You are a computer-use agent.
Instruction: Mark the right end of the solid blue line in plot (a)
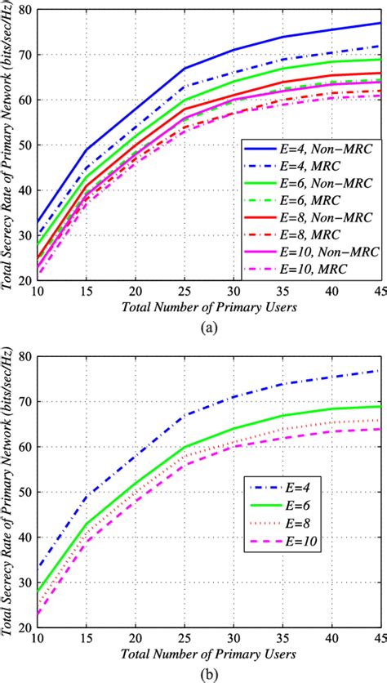point(379,23)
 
